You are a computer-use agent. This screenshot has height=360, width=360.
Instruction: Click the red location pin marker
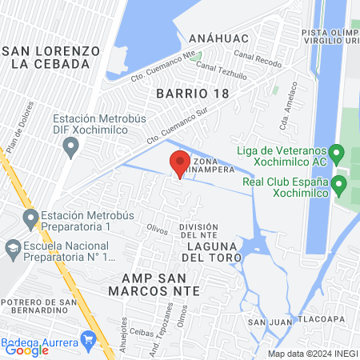[x=179, y=164]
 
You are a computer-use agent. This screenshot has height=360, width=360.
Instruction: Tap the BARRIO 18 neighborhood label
[x=193, y=92]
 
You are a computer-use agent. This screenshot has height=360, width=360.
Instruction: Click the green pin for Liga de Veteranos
[x=337, y=150]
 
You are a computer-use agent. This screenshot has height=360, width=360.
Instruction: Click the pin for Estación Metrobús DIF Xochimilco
[x=71, y=147]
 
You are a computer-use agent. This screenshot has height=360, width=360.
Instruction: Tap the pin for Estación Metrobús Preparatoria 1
[x=30, y=218]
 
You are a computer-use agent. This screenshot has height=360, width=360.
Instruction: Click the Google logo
[x=27, y=349]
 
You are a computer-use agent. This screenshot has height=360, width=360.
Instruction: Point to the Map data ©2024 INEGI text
[x=310, y=354]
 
